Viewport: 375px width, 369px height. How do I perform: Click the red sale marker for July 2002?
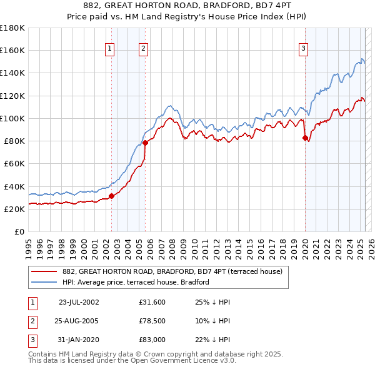pos(112,196)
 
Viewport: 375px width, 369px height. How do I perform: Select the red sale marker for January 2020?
pos(305,138)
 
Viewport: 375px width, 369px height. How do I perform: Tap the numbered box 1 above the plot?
pos(110,49)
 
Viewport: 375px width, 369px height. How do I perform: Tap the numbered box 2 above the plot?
pos(144,49)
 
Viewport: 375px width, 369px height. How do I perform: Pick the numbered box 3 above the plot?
pos(303,49)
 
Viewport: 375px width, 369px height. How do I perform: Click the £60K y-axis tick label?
pos(13,164)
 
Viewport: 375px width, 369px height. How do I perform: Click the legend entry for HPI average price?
pos(135,282)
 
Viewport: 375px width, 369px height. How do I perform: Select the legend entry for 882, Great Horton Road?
pos(172,271)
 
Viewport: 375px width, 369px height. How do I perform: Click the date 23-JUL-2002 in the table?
pos(79,302)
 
